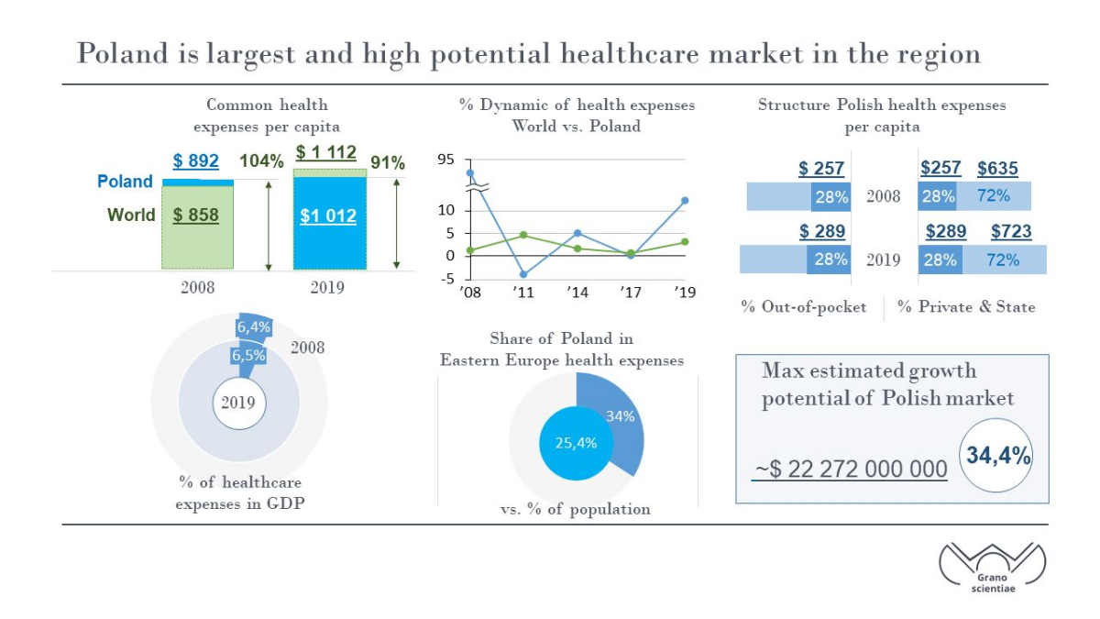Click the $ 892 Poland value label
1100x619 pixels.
pyautogui.click(x=195, y=160)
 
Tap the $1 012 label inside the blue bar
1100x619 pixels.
pyautogui.click(x=328, y=216)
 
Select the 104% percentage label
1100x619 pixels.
pyautogui.click(x=261, y=161)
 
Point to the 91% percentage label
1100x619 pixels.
pyautogui.click(x=388, y=162)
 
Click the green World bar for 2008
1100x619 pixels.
pyautogui.click(x=197, y=227)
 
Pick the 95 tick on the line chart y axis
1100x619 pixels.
pyautogui.click(x=445, y=160)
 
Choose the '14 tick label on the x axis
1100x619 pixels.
pyautogui.click(x=577, y=293)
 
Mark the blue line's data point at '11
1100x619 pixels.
pyautogui.click(x=523, y=274)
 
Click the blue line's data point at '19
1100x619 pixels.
pyautogui.click(x=685, y=201)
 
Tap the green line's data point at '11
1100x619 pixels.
pyautogui.click(x=523, y=235)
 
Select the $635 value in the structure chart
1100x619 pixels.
pyautogui.click(x=997, y=169)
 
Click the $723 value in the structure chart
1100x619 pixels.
pyautogui.click(x=1011, y=231)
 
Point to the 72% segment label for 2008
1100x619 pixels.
pyautogui.click(x=993, y=196)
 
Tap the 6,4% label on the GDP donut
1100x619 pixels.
pyautogui.click(x=253, y=327)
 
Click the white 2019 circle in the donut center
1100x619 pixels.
pyautogui.click(x=239, y=403)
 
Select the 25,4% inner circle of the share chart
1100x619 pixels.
pyautogui.click(x=576, y=443)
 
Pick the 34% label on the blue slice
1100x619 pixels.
pyautogui.click(x=621, y=416)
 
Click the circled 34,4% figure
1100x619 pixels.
pyautogui.click(x=996, y=456)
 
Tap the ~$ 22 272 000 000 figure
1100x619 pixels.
pyautogui.click(x=850, y=470)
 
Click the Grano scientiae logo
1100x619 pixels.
pyautogui.click(x=993, y=568)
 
